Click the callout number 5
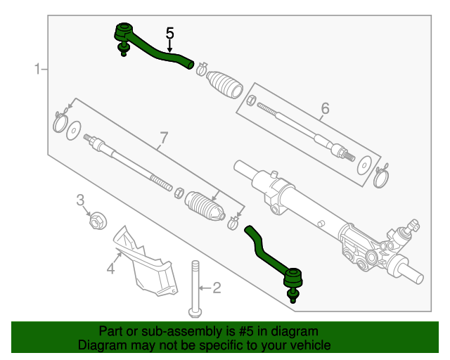169,32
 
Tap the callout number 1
36,69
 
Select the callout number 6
325,108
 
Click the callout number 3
81,200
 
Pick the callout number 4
110,269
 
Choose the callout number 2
217,287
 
